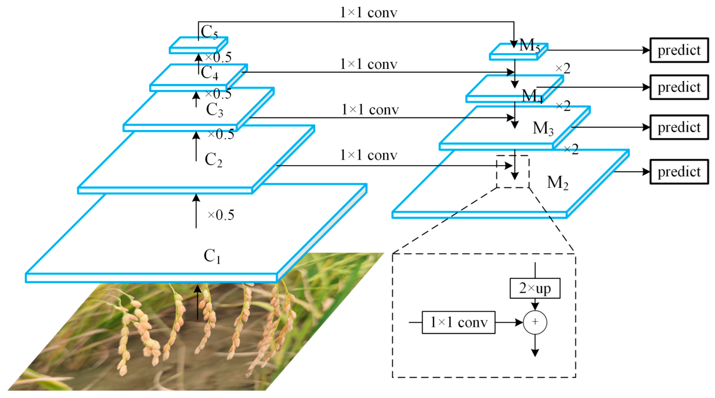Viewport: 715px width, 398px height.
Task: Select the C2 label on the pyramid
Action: coord(213,160)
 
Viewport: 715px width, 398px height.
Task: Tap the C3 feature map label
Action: coord(215,110)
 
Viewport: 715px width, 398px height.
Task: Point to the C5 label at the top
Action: coord(209,32)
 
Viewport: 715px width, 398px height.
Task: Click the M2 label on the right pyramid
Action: coord(557,183)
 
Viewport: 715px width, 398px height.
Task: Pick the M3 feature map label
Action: coord(543,128)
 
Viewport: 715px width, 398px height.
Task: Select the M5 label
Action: coord(529,46)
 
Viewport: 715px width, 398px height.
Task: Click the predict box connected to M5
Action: coord(679,50)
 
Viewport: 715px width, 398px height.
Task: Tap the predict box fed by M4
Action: coord(679,87)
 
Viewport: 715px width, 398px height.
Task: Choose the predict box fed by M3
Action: coord(679,127)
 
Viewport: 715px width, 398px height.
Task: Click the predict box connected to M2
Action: coord(679,172)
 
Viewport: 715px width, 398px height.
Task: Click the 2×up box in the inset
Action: coord(535,288)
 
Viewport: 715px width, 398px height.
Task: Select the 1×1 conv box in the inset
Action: coord(458,322)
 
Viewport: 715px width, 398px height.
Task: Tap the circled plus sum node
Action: coord(535,322)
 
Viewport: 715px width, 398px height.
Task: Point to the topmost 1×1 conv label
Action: coord(368,13)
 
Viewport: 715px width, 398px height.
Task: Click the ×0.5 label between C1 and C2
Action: coord(221,215)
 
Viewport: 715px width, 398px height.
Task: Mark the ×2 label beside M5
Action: coord(562,68)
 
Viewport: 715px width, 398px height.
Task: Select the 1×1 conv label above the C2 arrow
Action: coord(368,155)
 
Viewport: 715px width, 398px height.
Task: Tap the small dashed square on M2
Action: coord(513,172)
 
